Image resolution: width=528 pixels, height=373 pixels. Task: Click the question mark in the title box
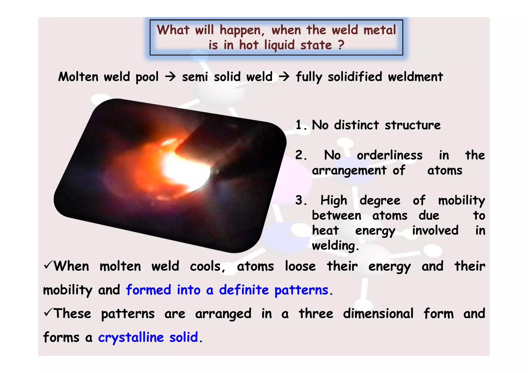(341, 45)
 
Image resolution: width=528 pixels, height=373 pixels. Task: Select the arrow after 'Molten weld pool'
(170, 76)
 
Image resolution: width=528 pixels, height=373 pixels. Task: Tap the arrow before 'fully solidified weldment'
(284, 76)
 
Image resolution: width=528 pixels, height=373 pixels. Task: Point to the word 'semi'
(195, 77)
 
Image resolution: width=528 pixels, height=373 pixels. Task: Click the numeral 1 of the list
(299, 125)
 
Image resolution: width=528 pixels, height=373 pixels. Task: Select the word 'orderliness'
(389, 155)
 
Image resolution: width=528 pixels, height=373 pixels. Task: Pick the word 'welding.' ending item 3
(335, 246)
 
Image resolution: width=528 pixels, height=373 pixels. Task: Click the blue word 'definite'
(244, 290)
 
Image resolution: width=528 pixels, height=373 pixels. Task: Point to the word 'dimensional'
(378, 314)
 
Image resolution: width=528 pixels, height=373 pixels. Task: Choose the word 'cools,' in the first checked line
(208, 266)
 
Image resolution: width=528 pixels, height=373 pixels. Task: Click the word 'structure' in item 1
(412, 125)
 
